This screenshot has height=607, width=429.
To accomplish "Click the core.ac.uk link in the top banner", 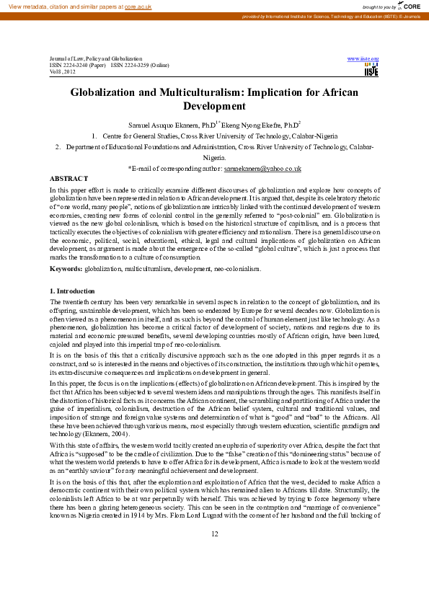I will [138, 6].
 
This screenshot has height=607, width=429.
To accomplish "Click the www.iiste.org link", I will [363, 58].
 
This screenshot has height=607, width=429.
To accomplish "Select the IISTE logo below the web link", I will [371, 70].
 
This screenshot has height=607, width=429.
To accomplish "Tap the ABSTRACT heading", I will [68, 177].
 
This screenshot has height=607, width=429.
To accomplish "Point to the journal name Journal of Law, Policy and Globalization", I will [96, 58].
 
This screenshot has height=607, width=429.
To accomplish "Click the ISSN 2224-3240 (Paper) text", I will [77, 65].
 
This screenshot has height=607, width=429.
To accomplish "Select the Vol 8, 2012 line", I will [62, 71].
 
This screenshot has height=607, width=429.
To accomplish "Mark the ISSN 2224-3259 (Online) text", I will [140, 65].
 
